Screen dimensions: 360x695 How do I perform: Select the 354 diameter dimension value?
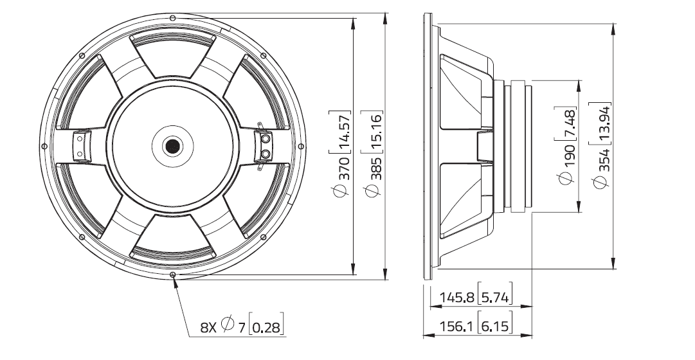600,168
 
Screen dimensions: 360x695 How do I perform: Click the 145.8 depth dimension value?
456,298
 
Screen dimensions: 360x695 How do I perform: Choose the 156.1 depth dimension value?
456,327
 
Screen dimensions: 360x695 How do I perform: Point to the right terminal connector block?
265,146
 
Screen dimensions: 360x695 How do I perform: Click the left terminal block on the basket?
80,146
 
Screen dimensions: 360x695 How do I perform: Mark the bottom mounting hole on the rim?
173,275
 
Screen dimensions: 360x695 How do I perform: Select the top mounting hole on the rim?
173,17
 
